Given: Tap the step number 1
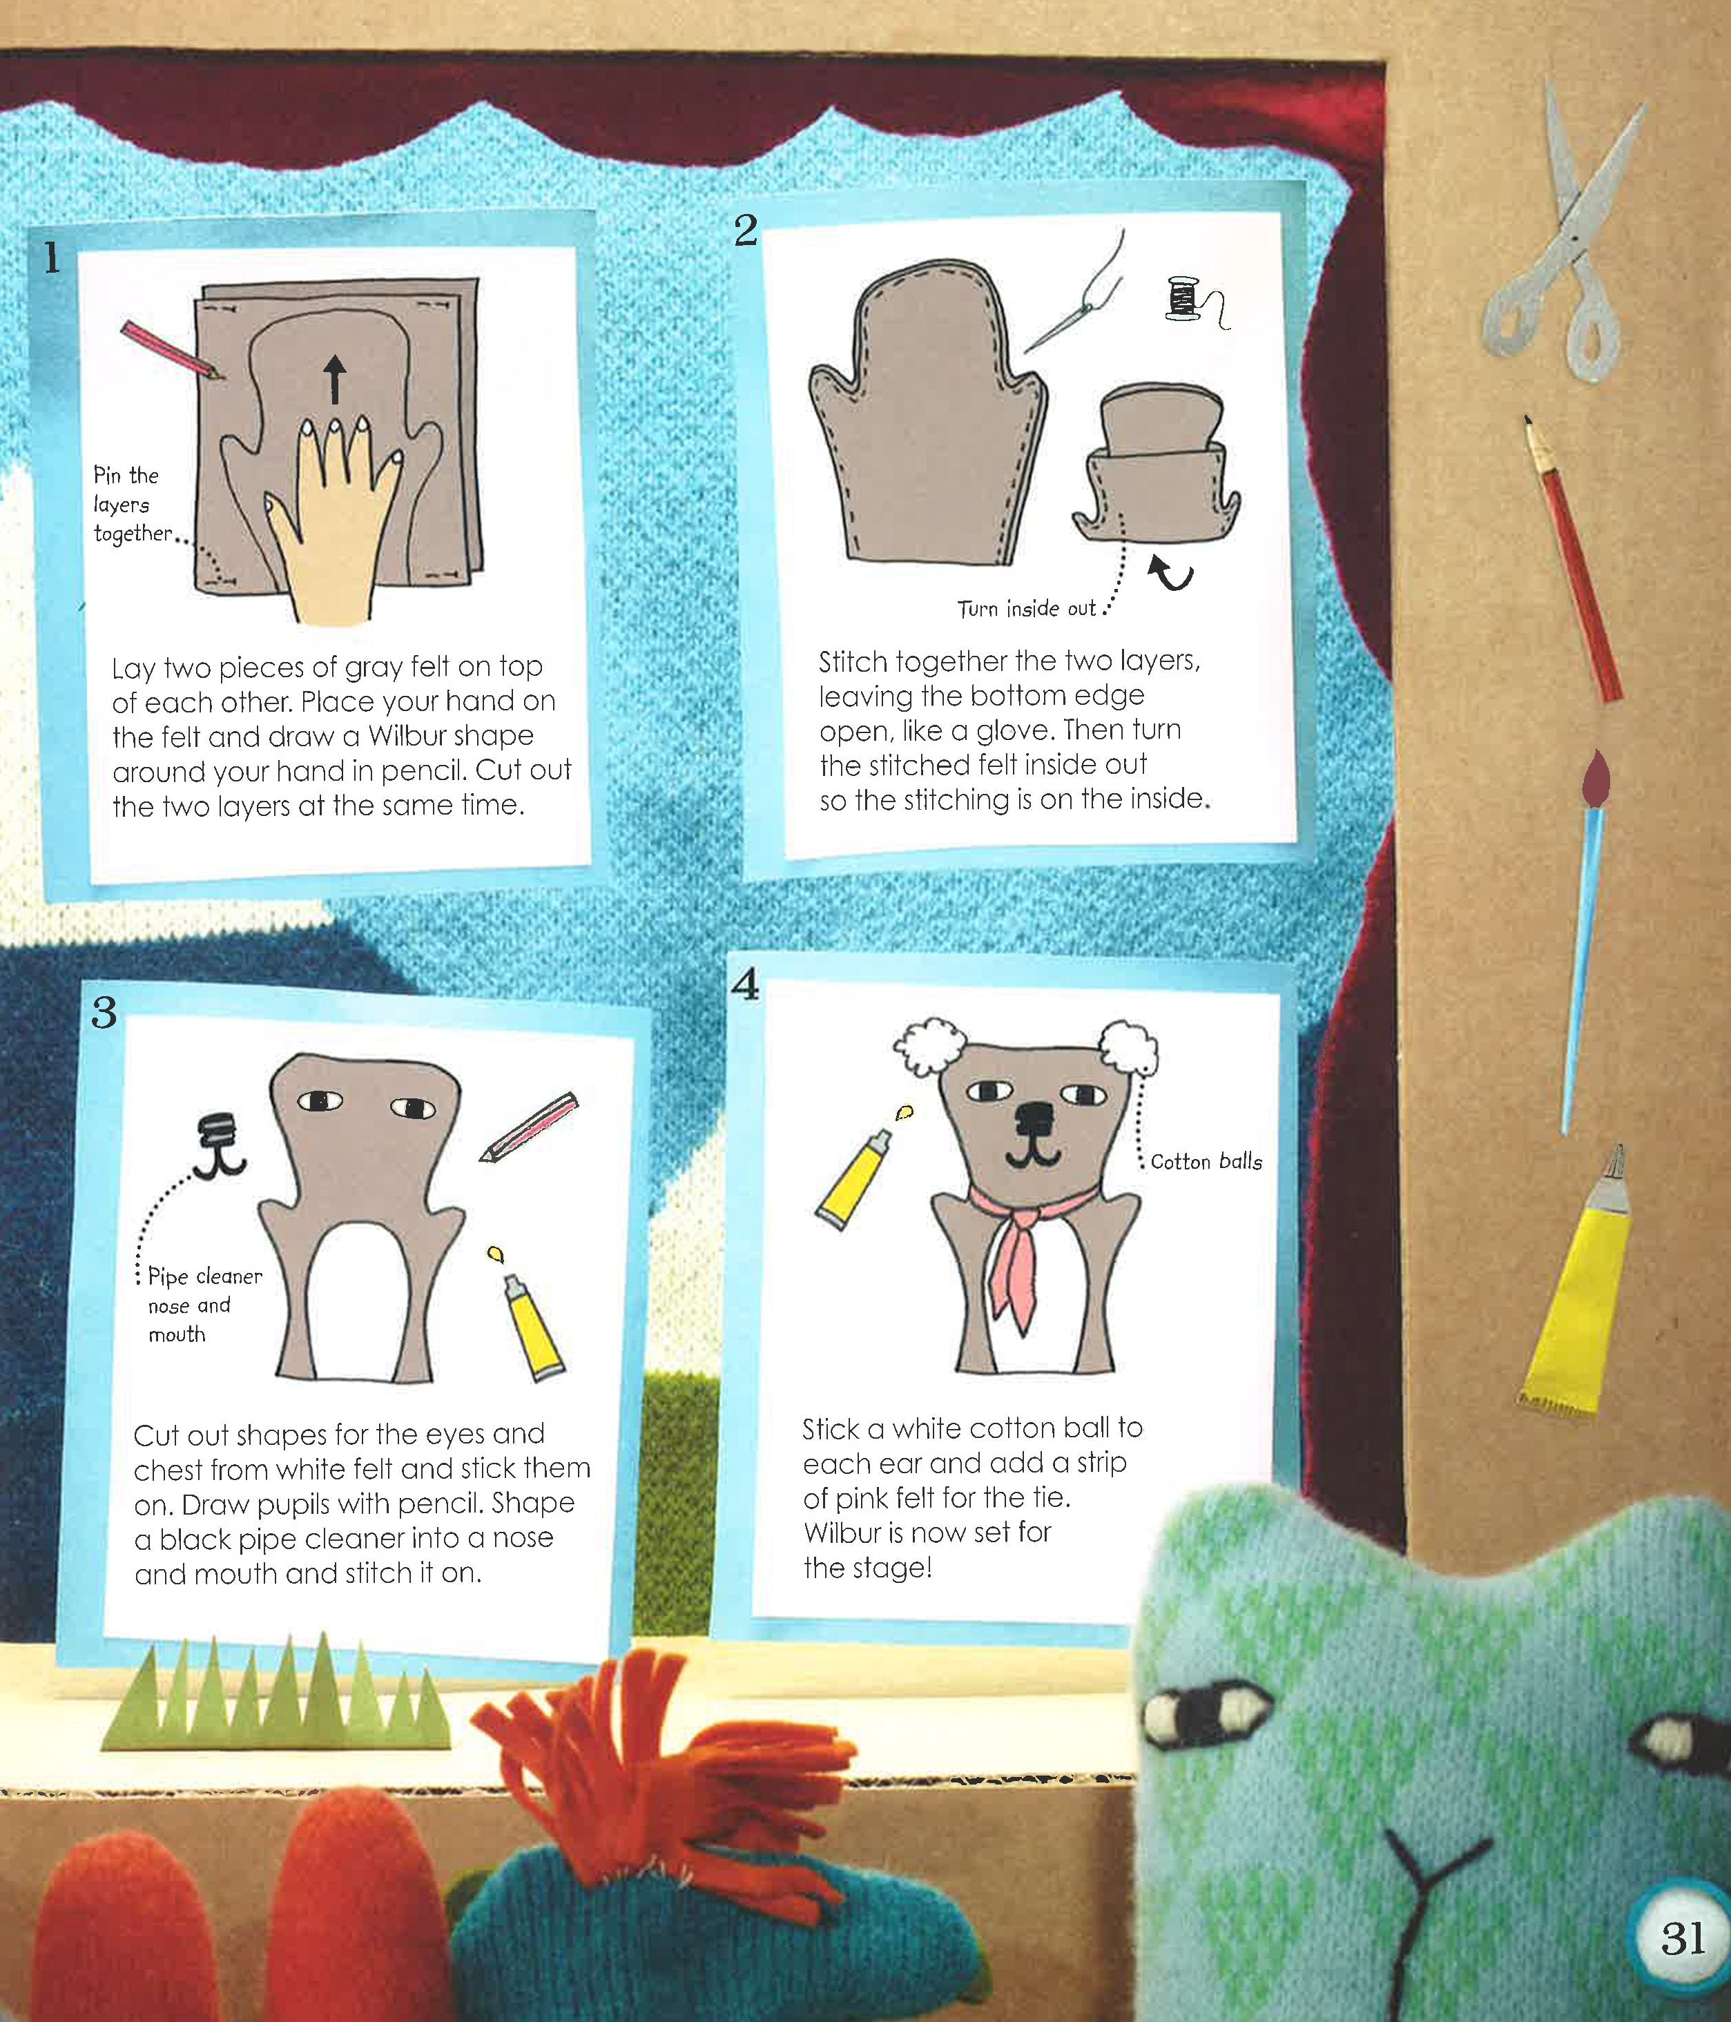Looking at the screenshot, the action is (51, 257).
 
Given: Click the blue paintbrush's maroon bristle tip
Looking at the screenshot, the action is (1594, 779).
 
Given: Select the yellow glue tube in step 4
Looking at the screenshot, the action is (851, 1178).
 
